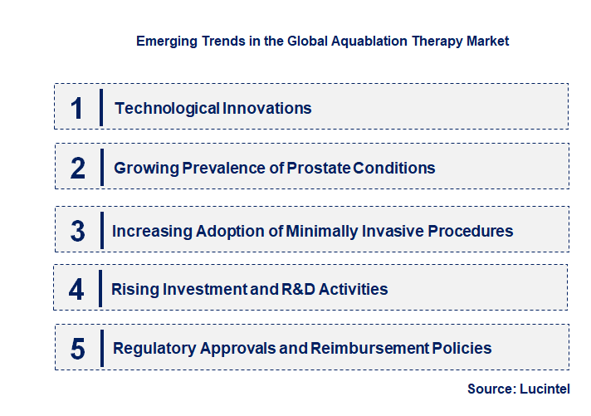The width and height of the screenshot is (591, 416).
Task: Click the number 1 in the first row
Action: pyautogui.click(x=77, y=108)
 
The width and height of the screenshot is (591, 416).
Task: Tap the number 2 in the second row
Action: pyautogui.click(x=78, y=169)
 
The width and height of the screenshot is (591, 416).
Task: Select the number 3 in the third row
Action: pyautogui.click(x=78, y=231)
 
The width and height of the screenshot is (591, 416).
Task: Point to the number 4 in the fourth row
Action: pyautogui.click(x=77, y=290)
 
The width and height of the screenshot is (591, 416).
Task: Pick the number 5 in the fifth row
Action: pyautogui.click(x=78, y=349)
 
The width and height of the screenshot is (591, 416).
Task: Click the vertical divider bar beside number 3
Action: pyautogui.click(x=100, y=230)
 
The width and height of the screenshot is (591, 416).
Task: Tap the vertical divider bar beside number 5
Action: pyautogui.click(x=100, y=348)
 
